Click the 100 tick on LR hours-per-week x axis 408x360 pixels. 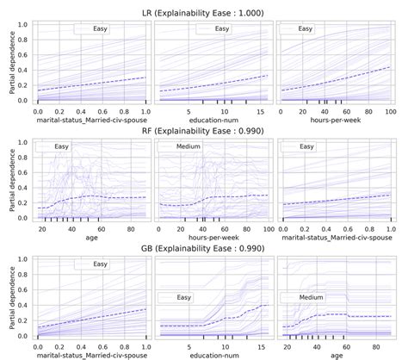coord(389,112)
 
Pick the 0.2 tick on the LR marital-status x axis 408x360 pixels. coord(59,112)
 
